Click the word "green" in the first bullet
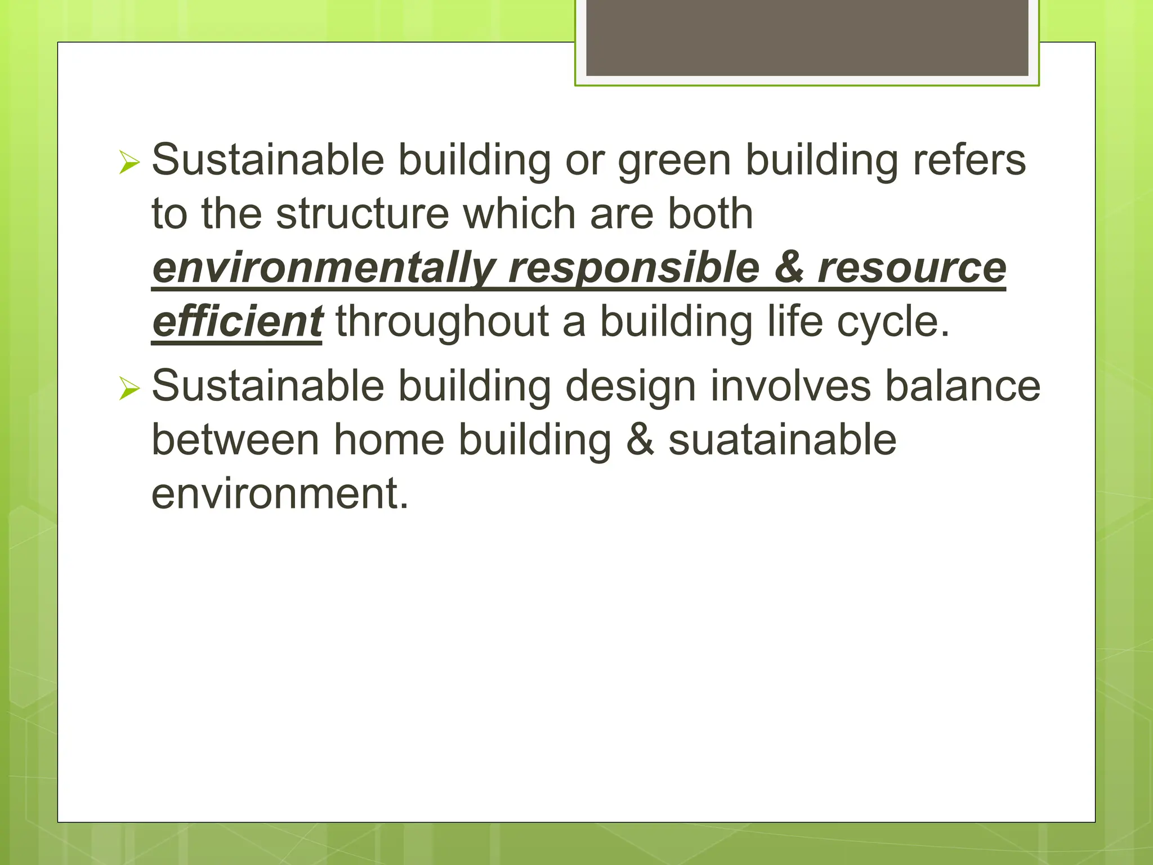pyautogui.click(x=674, y=161)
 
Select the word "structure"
pyautogui.click(x=363, y=214)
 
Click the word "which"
pyautogui.click(x=519, y=214)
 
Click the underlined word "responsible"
pyautogui.click(x=634, y=268)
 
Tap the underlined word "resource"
pyautogui.click(x=911, y=268)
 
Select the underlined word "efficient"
pyautogui.click(x=237, y=322)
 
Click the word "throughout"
pyautogui.click(x=442, y=322)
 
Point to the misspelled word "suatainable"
pyautogui.click(x=782, y=440)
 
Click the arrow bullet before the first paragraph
pyautogui.click(x=129, y=163)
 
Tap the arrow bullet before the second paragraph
pyautogui.click(x=129, y=389)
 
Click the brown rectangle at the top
pyautogui.click(x=807, y=37)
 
